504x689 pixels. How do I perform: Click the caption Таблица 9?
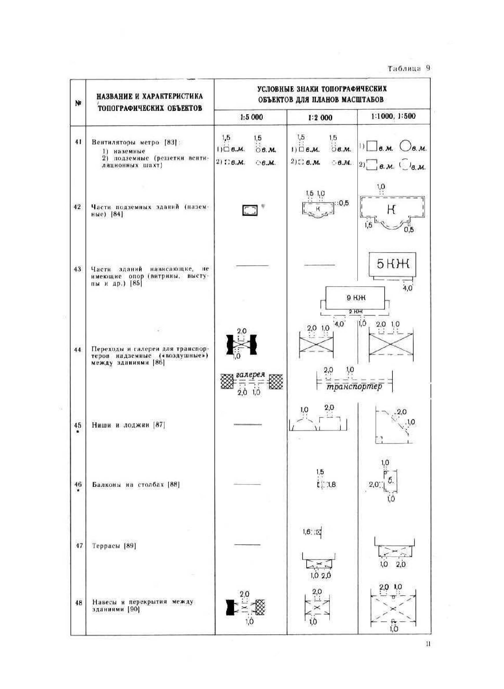tap(409, 68)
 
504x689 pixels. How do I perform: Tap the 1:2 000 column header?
tap(320, 118)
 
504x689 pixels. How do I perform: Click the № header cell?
tap(78, 103)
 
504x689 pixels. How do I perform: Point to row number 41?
tap(78, 142)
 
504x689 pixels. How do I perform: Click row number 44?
tap(78, 349)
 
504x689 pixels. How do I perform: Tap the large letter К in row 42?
tap(393, 209)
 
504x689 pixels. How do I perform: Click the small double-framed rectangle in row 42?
tap(250, 210)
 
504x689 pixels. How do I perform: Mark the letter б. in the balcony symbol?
tap(391, 480)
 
